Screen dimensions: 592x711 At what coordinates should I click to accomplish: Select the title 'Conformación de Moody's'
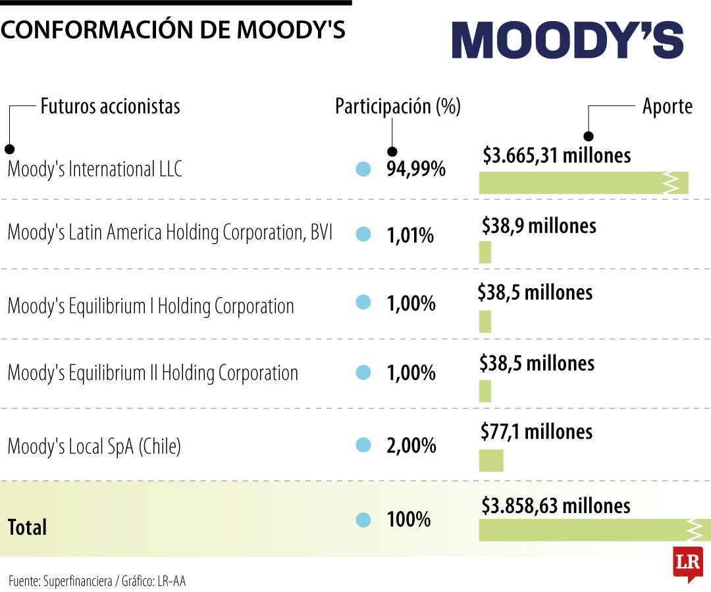173,30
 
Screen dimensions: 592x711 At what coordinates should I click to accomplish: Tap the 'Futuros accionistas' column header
110,106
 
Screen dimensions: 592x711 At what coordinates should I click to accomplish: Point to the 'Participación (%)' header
398,106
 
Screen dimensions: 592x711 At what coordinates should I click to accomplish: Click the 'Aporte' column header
668,106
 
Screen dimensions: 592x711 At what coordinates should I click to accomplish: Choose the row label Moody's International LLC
95,169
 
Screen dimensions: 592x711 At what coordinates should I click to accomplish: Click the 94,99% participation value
416,169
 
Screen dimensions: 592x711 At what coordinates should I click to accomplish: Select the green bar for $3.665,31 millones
583,183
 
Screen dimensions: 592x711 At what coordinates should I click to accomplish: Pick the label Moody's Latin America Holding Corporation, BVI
170,233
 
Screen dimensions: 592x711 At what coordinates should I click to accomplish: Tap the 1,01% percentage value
410,235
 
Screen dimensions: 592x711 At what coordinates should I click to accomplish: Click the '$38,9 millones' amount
539,226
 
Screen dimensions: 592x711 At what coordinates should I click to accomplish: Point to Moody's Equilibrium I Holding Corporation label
151,306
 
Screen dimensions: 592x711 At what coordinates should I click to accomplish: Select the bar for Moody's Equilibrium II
485,391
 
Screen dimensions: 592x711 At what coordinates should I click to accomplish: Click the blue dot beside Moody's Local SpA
363,445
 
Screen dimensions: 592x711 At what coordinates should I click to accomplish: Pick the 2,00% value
411,445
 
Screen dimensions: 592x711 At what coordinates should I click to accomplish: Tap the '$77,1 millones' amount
537,432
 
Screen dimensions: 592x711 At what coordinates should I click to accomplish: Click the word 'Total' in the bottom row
27,526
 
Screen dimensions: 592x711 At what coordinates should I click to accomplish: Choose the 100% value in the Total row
408,519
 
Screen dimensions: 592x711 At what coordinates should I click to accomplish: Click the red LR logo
687,563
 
